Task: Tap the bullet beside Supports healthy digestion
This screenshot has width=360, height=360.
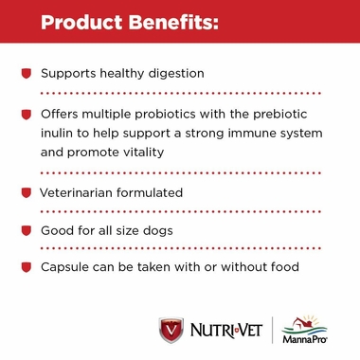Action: tap(27, 73)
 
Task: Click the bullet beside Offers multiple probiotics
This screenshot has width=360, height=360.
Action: tap(27, 114)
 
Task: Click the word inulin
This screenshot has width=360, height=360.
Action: tap(59, 132)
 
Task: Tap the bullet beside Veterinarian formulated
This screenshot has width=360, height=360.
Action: tap(27, 192)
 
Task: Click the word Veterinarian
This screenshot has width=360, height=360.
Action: tap(81, 192)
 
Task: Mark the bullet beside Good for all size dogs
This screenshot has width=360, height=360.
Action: tap(27, 230)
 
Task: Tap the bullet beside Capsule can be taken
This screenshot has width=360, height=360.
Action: tap(27, 268)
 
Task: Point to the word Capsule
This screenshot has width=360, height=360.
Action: tap(65, 268)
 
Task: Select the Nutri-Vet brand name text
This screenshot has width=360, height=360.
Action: tap(224, 331)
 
